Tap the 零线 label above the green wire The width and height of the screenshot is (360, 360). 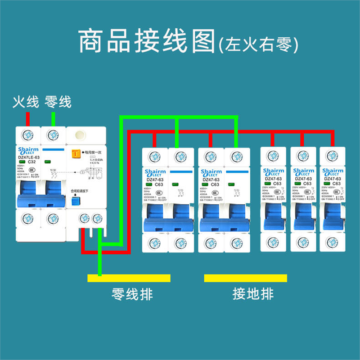(x=58, y=102)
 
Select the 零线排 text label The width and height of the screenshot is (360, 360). (x=132, y=294)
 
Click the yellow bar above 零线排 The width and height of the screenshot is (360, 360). (x=129, y=278)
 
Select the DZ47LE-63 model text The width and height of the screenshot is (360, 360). (x=29, y=157)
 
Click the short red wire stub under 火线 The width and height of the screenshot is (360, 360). (x=28, y=119)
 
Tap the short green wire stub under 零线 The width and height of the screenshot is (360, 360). (x=53, y=119)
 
